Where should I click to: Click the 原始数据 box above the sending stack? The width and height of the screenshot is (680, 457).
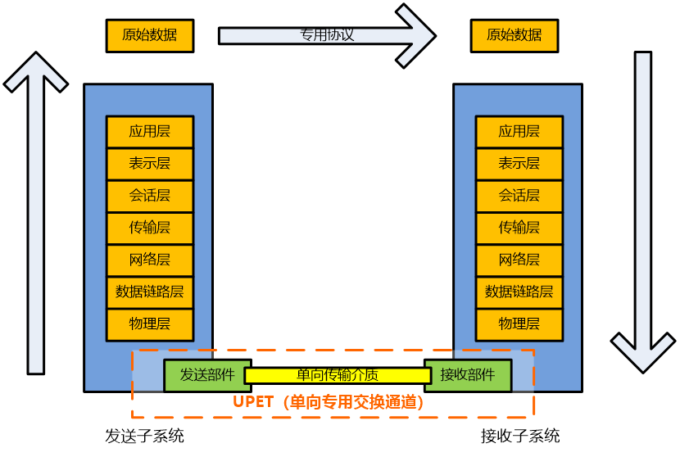(150, 35)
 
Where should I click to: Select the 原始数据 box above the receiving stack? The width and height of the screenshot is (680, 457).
(514, 35)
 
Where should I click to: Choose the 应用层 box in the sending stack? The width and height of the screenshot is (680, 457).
(150, 131)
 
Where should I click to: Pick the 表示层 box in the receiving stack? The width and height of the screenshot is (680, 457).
(519, 164)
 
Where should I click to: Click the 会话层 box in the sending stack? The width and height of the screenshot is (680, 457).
(150, 196)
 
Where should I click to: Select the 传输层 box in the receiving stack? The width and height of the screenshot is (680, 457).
(519, 228)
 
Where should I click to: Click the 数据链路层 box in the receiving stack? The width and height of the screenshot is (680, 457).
(519, 292)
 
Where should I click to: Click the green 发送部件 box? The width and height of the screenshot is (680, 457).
(207, 375)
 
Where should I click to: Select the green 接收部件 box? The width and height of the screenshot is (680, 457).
(468, 375)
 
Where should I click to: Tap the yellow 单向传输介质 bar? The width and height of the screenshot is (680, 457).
(338, 376)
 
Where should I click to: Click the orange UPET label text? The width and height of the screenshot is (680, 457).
(329, 402)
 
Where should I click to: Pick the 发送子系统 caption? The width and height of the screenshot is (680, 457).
(144, 436)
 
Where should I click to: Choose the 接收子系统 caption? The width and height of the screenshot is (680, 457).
(520, 436)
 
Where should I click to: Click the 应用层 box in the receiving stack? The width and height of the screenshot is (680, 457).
(519, 131)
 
